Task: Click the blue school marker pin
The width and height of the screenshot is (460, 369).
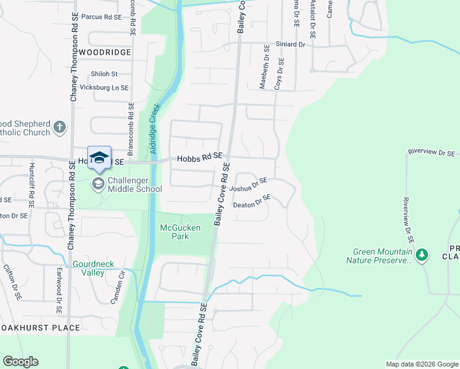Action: pos(99,157)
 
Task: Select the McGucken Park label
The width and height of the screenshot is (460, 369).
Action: pos(180,232)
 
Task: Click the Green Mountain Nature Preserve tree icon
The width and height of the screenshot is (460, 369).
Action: pos(421,254)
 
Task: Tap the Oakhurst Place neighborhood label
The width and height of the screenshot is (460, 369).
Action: pos(41,328)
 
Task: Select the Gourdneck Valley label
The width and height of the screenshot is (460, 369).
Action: pos(93,268)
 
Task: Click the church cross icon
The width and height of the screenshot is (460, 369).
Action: pos(59,127)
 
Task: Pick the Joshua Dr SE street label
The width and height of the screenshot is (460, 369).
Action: pos(248,184)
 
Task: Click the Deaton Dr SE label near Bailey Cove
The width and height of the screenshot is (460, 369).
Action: pos(252,202)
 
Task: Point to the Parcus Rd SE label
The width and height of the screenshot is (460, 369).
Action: pos(101,17)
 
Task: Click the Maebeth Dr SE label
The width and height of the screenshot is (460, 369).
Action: pos(264,67)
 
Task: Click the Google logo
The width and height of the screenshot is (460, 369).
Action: pos(20,362)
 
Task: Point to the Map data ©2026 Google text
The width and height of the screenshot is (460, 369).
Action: pos(421,364)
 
